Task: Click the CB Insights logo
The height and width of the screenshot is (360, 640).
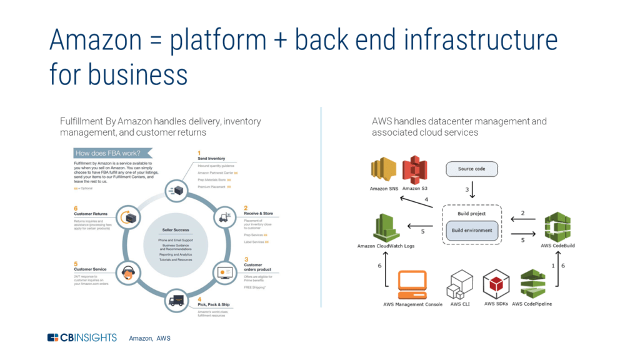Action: pos(82,337)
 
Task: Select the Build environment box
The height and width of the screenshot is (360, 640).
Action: pos(472,230)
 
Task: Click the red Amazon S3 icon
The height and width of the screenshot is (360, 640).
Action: pos(414,170)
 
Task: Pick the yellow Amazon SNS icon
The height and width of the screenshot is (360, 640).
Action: pos(384,170)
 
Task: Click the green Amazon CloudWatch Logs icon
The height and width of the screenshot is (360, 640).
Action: pos(386,227)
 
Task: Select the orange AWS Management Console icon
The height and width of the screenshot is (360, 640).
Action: pos(412,284)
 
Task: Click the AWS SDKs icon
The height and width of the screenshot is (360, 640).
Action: pos(497,284)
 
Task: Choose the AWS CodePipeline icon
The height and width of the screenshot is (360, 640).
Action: pos(532,284)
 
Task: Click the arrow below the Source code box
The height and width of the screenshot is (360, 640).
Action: pos(473,189)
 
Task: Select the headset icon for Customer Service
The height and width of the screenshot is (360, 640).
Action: pos(129,273)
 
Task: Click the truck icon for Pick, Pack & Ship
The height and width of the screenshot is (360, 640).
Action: pos(176,300)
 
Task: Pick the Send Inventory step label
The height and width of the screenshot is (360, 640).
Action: pos(212,158)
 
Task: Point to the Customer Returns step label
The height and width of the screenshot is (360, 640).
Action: pos(91,214)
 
